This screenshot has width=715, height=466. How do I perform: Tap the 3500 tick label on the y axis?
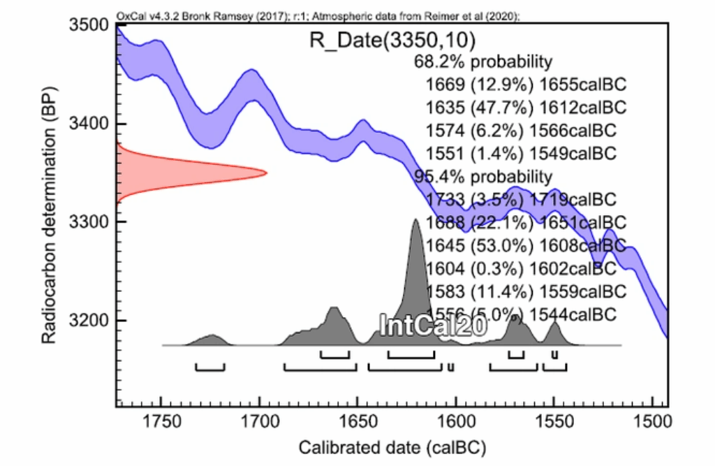point(89,25)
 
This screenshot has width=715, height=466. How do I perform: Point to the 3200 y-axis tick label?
point(89,321)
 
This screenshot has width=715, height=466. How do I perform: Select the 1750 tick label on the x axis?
point(161,422)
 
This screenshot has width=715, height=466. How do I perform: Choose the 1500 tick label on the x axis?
point(652,422)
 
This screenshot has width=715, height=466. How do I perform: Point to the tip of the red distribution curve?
point(266,173)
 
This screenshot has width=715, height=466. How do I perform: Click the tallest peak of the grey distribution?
point(415,221)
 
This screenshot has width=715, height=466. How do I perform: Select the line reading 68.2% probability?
point(483,61)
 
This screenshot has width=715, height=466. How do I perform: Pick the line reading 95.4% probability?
point(483,176)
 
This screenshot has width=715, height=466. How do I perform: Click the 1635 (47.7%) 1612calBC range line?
point(525,107)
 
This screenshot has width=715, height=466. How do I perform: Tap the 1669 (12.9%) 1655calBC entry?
point(525,85)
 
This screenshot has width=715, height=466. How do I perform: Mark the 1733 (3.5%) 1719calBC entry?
point(521,199)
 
